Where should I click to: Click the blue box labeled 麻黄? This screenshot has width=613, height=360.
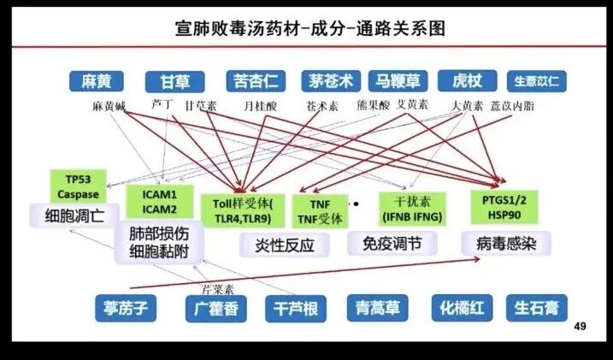point(97,81)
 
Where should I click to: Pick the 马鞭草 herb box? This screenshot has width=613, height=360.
point(396,81)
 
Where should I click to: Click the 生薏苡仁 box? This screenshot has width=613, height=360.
point(536,81)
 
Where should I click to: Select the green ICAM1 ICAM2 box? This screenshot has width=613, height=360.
point(159,202)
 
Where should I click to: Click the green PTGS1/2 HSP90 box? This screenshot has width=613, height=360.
point(504,206)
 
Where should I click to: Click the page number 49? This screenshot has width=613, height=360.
point(580,328)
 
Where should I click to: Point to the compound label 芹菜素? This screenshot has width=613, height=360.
point(217,287)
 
